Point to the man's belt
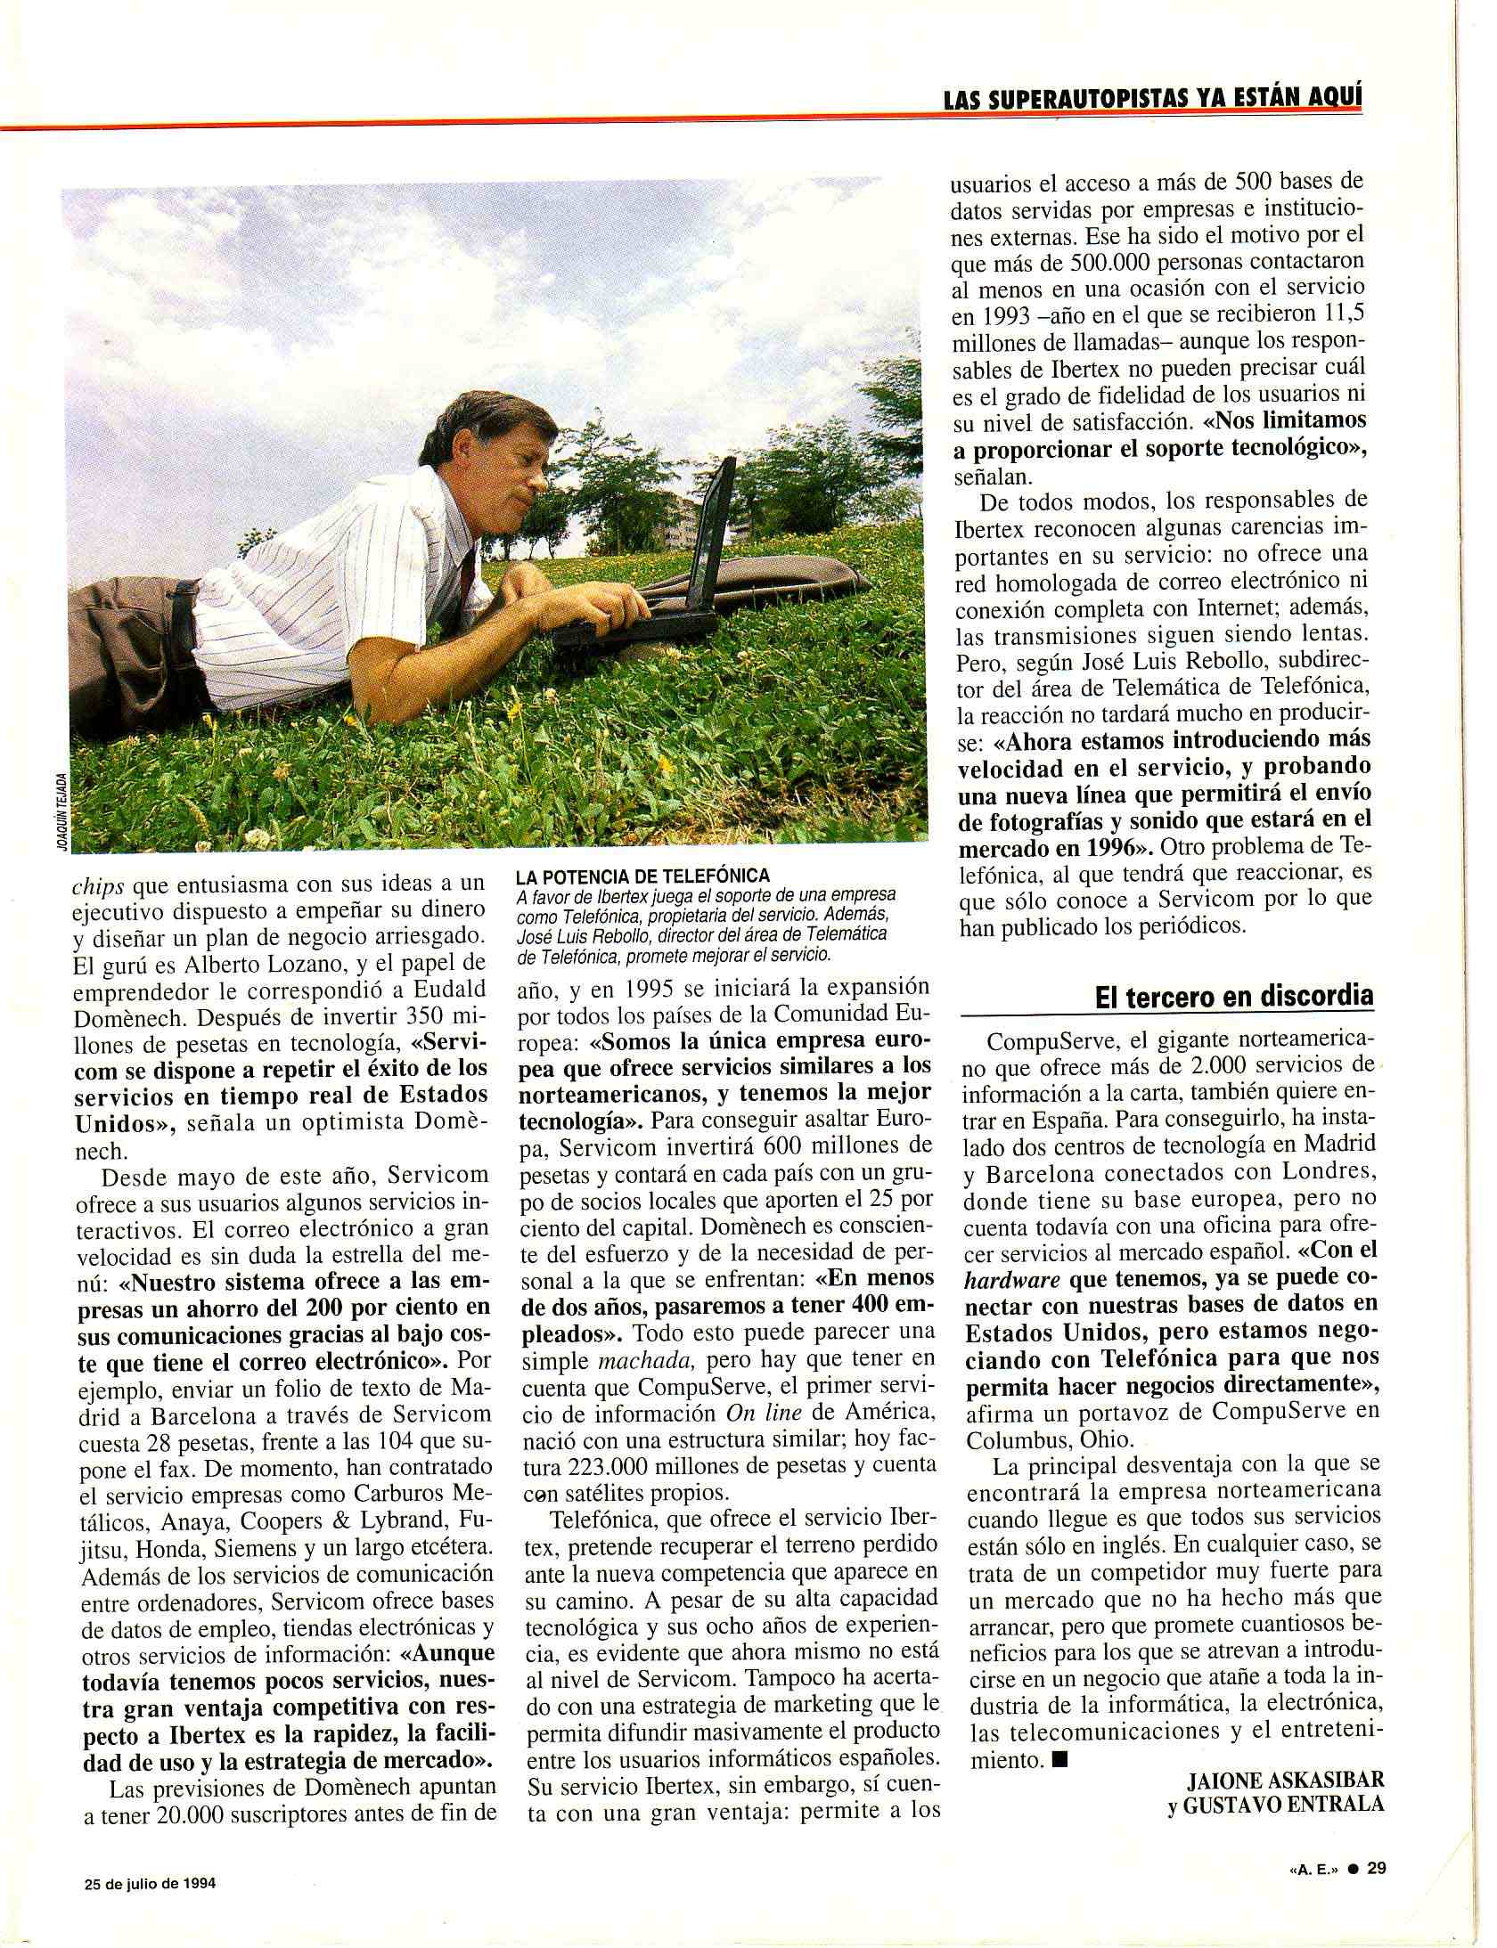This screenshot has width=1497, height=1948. click(186, 615)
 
